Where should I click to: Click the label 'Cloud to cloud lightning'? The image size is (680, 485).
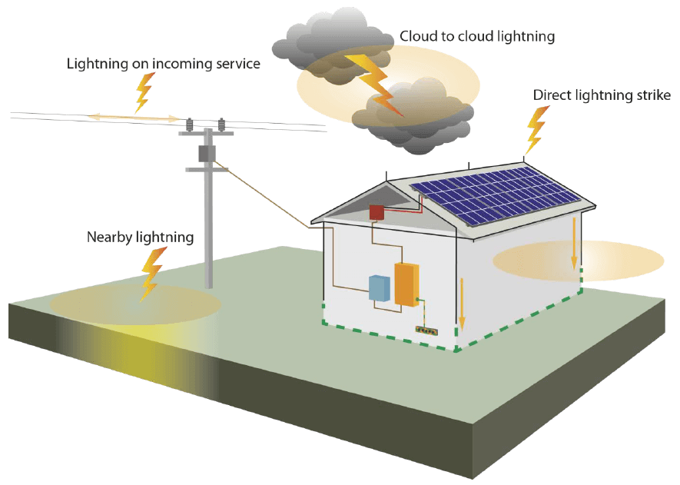click(x=477, y=36)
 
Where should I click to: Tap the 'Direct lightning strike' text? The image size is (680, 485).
click(x=602, y=95)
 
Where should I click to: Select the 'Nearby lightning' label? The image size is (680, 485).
click(x=140, y=238)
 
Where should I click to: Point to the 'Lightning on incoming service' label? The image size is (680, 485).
click(x=164, y=64)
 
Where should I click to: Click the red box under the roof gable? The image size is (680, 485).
click(x=376, y=212)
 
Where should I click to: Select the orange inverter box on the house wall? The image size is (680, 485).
click(x=406, y=284)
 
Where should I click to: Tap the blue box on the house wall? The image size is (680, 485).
click(x=380, y=288)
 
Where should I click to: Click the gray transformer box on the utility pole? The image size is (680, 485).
click(x=207, y=154)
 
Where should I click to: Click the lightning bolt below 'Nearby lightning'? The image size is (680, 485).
click(x=152, y=274)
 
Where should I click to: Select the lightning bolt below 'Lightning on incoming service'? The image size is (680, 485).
click(x=144, y=92)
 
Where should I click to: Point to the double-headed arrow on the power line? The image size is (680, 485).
click(x=134, y=117)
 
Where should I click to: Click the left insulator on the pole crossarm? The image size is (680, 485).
click(x=190, y=125)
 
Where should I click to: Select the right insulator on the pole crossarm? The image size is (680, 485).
click(x=221, y=125)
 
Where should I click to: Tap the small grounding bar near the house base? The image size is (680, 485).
click(x=426, y=331)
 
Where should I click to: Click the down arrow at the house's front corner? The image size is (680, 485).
click(x=462, y=304)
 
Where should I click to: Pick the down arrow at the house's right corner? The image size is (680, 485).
click(x=574, y=244)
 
